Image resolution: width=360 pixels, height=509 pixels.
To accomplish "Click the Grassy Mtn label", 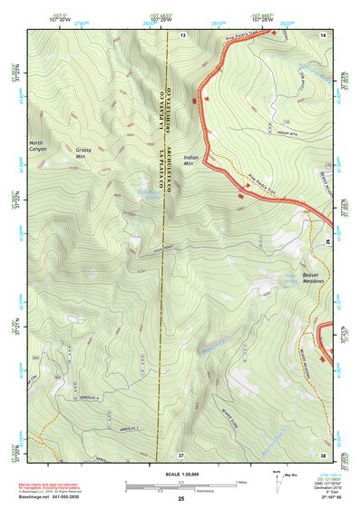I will [x=84, y=152].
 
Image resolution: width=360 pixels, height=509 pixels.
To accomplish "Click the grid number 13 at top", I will [x=182, y=34].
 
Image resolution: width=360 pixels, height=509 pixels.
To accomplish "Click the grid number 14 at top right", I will [x=323, y=34].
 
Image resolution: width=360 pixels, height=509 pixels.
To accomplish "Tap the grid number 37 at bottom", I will [x=182, y=453].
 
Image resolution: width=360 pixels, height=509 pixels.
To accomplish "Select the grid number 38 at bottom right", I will [x=323, y=453].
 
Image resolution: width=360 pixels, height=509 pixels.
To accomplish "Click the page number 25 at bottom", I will [x=180, y=500].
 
